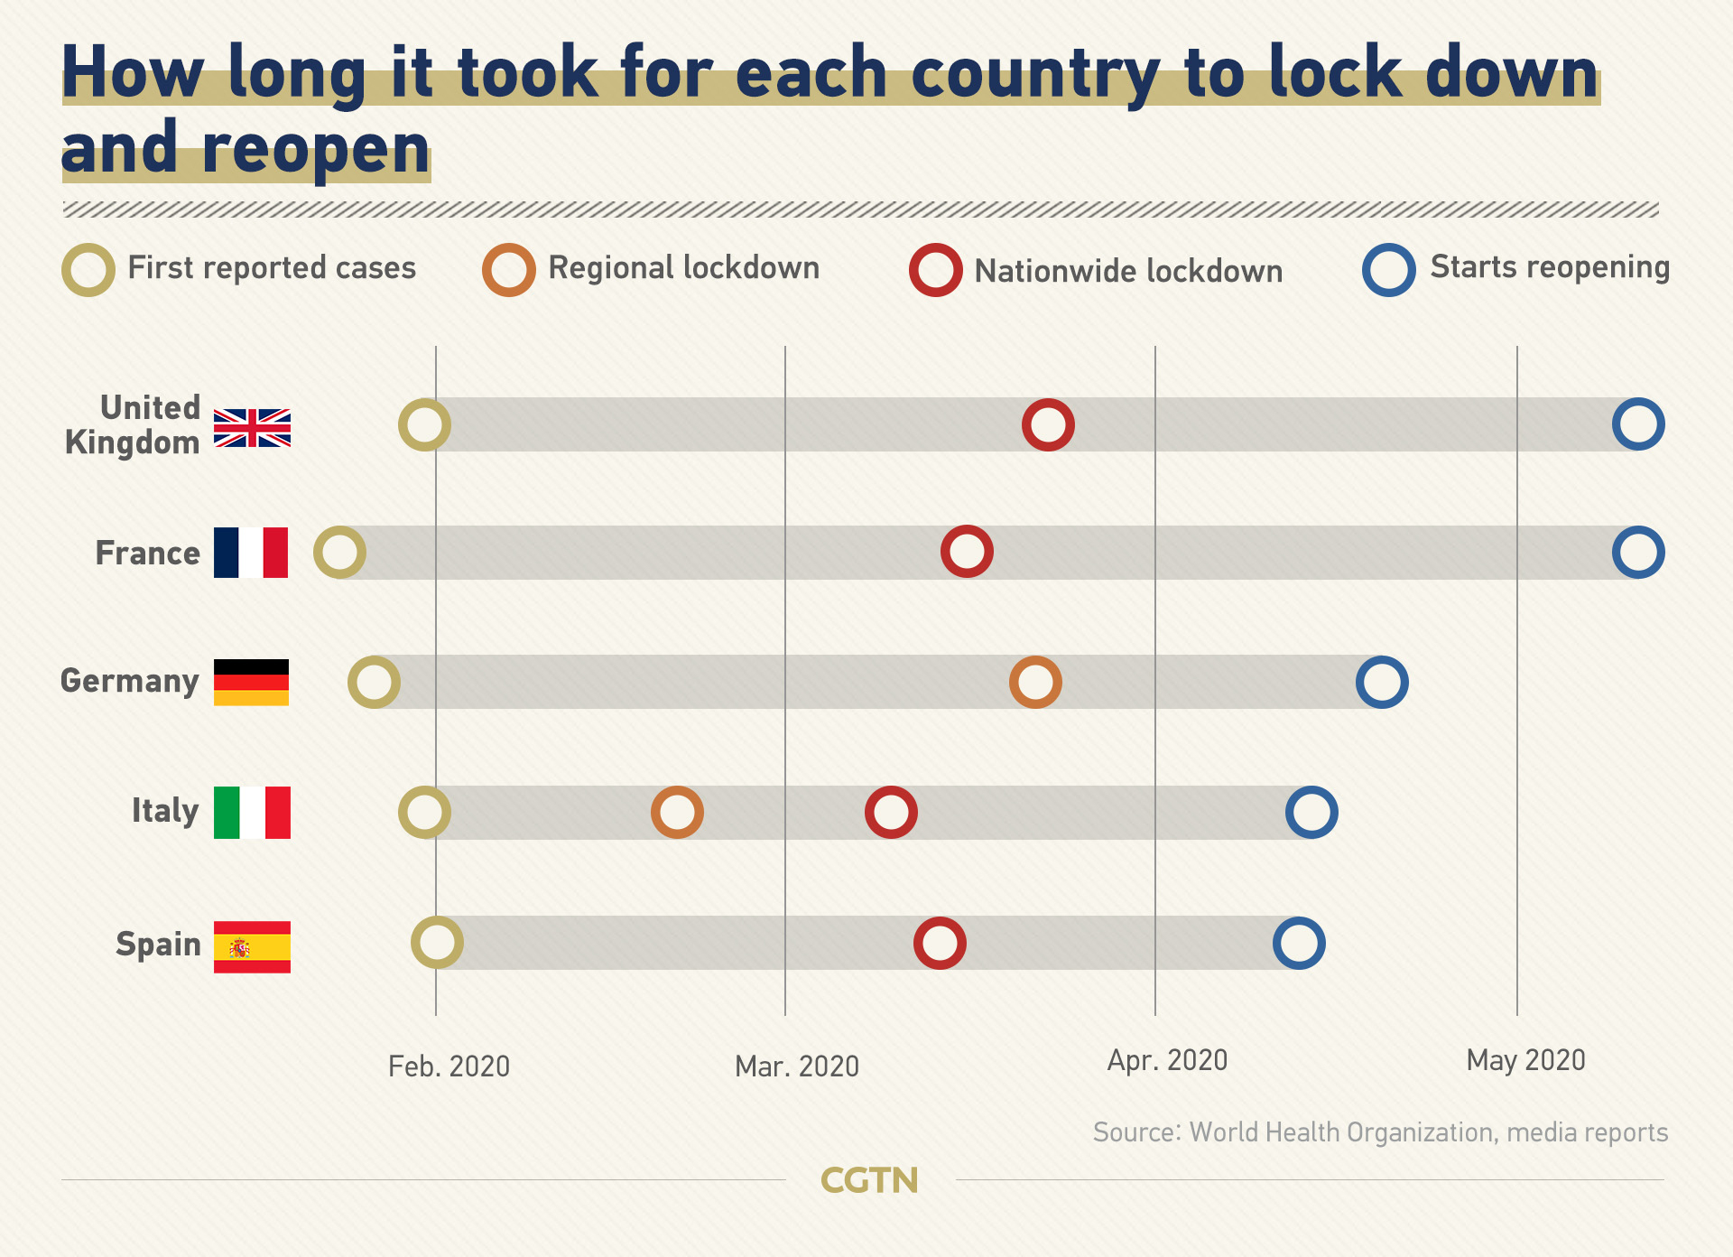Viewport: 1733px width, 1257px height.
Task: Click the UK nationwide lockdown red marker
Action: click(1048, 424)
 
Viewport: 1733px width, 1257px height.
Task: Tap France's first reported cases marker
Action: click(339, 553)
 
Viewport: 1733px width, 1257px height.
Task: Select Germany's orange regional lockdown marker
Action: click(1035, 682)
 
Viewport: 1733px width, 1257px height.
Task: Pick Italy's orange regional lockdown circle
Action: click(677, 812)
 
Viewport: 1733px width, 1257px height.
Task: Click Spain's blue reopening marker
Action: click(1299, 943)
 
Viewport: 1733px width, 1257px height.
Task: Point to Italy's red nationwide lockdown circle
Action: click(891, 812)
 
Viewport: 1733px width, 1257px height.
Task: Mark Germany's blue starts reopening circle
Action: click(1382, 682)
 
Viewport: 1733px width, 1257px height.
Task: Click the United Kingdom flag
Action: click(252, 427)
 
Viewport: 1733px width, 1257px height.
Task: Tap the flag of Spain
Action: click(252, 946)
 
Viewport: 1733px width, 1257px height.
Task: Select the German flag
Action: click(251, 682)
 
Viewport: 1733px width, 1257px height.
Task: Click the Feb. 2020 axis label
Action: click(449, 1066)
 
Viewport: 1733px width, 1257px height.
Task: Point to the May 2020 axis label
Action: click(1525, 1060)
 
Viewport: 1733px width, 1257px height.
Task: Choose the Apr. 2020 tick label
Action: click(1167, 1060)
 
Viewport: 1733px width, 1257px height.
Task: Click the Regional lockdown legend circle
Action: click(509, 270)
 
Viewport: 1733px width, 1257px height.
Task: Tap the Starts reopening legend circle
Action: click(1389, 270)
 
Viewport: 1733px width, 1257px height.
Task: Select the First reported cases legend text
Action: click(272, 268)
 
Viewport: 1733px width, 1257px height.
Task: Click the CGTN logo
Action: click(869, 1180)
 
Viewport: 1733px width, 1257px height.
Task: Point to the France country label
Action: click(148, 553)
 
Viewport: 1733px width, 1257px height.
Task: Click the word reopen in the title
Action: click(316, 150)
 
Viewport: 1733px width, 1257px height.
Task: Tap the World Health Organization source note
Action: click(1380, 1132)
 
